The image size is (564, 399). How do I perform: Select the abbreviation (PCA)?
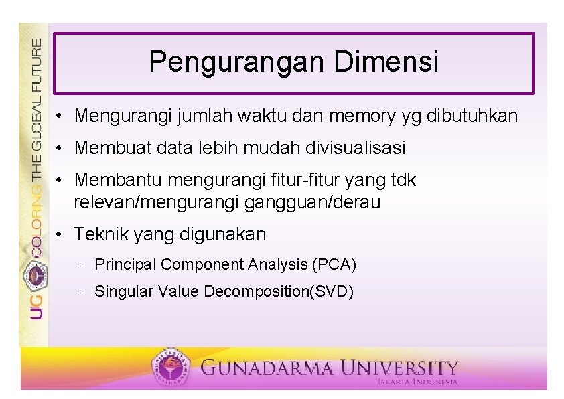pyautogui.click(x=334, y=264)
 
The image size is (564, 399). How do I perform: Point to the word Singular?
pyautogui.click(x=121, y=291)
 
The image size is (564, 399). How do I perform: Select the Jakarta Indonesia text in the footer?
pyautogui.click(x=417, y=382)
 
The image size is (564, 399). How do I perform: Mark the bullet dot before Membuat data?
pyautogui.click(x=60, y=149)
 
